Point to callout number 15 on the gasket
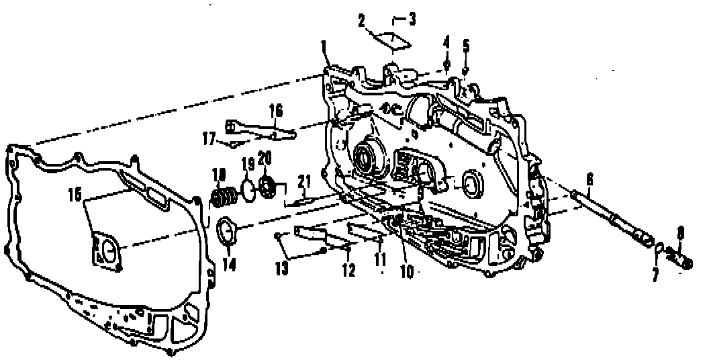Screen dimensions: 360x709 (x=75, y=195)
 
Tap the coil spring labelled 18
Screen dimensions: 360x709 (x=224, y=197)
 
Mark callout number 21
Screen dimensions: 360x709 (x=305, y=181)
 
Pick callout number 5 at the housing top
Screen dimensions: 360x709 (x=466, y=46)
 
